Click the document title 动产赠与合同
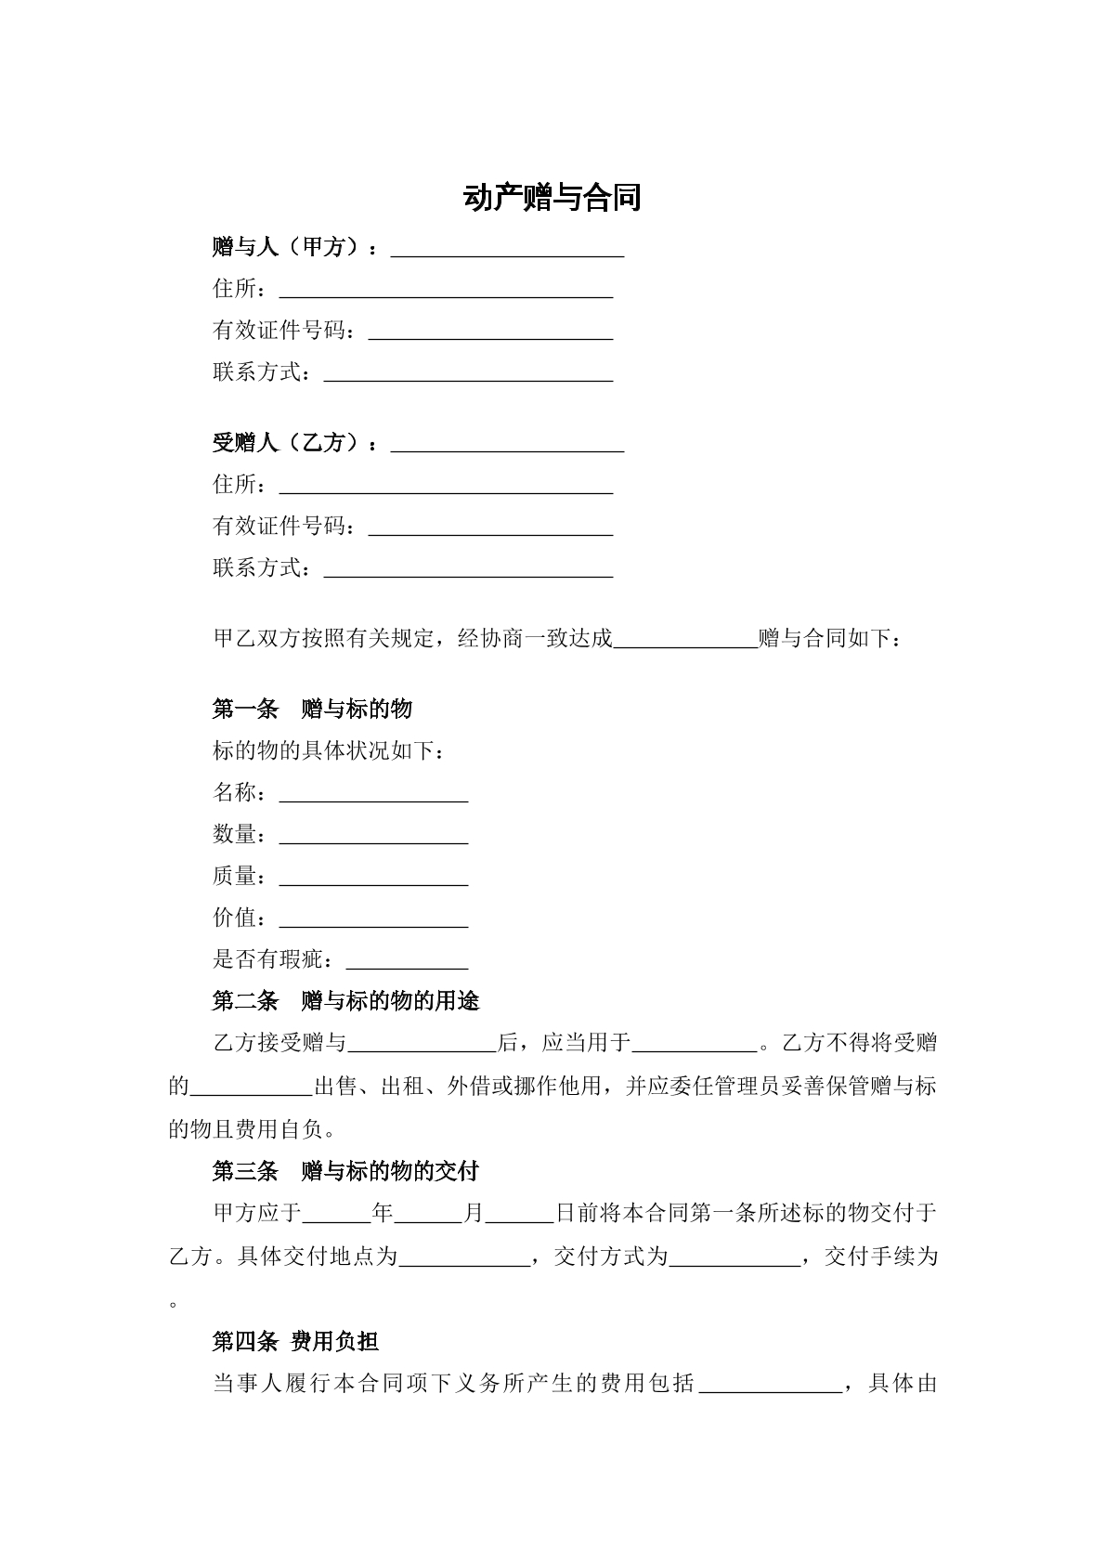552,198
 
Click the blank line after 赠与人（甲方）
507,249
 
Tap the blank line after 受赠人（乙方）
507,444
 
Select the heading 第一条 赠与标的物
312,710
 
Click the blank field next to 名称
373,794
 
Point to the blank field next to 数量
373,836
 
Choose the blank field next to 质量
373,878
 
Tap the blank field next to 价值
373,919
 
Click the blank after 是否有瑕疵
407,961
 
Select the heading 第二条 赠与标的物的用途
345,1001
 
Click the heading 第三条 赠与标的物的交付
345,1171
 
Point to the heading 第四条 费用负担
295,1341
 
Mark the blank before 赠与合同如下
686,641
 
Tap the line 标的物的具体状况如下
329,750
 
